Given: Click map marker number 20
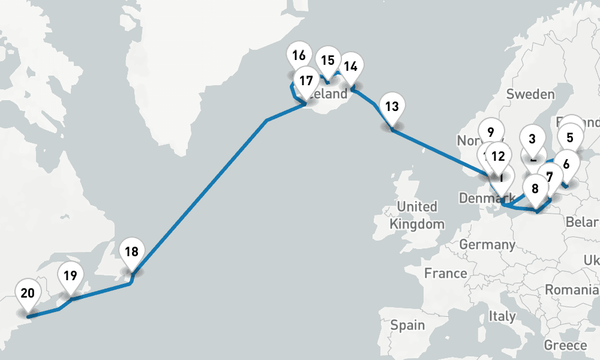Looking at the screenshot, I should [28, 294].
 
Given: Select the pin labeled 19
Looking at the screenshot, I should [70, 277].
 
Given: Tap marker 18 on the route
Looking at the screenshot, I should [132, 252].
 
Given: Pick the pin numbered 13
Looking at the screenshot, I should [392, 107].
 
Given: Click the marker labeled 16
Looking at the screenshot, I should [298, 57].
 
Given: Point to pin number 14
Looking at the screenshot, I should [351, 67].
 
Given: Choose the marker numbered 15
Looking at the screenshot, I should [328, 61].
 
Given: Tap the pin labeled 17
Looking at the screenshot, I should [306, 81].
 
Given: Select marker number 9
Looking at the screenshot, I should [491, 133].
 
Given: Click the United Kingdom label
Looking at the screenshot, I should [417, 215].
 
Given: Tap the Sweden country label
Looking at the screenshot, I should [530, 94].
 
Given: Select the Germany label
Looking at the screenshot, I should [487, 244].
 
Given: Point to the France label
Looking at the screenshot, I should [445, 273].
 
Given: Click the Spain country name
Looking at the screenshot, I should [407, 325].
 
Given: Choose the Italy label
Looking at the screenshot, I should [502, 316].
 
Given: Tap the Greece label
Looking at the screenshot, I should [565, 345].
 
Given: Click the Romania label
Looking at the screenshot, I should [572, 290].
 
